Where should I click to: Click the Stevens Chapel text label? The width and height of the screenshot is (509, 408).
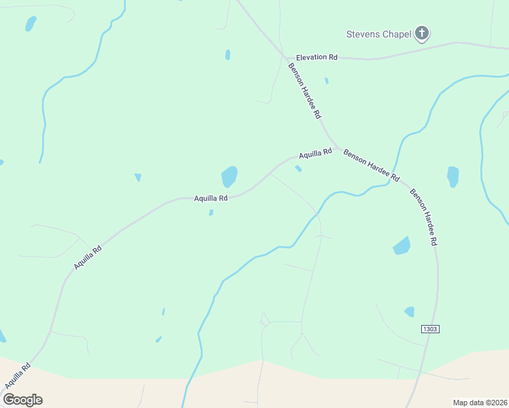tap(378, 34)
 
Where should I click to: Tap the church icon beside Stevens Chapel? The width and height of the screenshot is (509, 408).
tap(422, 33)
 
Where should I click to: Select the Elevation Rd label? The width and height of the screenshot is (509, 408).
tap(316, 58)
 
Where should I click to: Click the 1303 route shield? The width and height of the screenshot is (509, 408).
tap(430, 329)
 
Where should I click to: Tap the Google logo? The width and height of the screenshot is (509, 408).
tap(22, 399)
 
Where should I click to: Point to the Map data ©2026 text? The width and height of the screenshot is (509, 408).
tap(479, 403)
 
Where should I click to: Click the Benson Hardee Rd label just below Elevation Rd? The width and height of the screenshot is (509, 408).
tap(304, 91)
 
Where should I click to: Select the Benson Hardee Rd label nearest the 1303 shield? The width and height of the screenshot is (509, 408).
tap(423, 217)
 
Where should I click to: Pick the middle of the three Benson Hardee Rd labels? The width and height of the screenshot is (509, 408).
tap(371, 165)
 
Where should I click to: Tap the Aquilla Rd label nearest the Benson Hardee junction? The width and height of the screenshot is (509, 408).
tap(315, 154)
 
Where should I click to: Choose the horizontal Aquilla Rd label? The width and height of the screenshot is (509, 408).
tap(210, 198)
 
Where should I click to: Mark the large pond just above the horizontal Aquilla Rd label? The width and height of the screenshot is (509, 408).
tap(229, 177)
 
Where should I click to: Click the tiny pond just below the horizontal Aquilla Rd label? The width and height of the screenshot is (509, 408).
tap(211, 213)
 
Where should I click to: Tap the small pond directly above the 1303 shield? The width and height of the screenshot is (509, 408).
tap(410, 311)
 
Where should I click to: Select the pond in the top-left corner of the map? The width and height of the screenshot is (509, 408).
tap(30, 24)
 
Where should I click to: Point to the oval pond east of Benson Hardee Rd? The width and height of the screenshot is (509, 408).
tap(453, 177)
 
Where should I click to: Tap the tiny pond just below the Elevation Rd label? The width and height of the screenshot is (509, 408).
tap(327, 81)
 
